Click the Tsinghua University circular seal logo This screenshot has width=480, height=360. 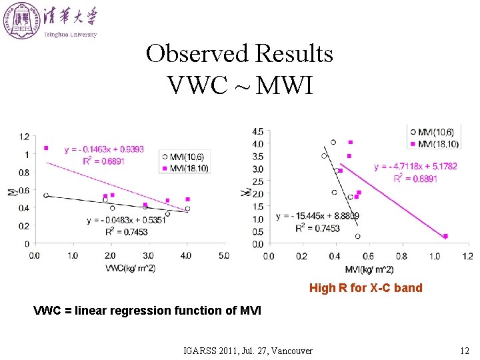pos(21,19)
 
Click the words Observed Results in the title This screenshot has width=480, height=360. pos(239,53)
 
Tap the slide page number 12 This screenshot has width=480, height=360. pos(465,350)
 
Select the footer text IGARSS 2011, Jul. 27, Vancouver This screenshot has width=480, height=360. pos(248,350)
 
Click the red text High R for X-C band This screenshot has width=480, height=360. pos(365,288)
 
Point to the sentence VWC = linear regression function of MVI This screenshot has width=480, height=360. pos(147,310)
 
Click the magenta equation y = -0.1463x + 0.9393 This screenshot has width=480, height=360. pos(104,149)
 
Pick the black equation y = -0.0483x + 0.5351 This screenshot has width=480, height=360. pos(126,220)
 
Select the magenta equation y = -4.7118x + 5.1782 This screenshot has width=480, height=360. pos(416,167)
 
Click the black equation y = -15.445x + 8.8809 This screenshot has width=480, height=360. pos(317,216)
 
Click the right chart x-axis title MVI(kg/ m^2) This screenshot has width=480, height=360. pos(369,269)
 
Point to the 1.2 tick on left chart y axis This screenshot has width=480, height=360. pos(24,137)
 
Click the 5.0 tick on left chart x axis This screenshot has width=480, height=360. pos(223,255)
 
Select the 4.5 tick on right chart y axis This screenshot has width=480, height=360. pos(257,131)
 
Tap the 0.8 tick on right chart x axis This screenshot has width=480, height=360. pos(401,255)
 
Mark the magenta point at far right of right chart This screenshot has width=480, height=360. pos(445,236)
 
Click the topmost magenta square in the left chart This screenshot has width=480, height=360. pos(46,148)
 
